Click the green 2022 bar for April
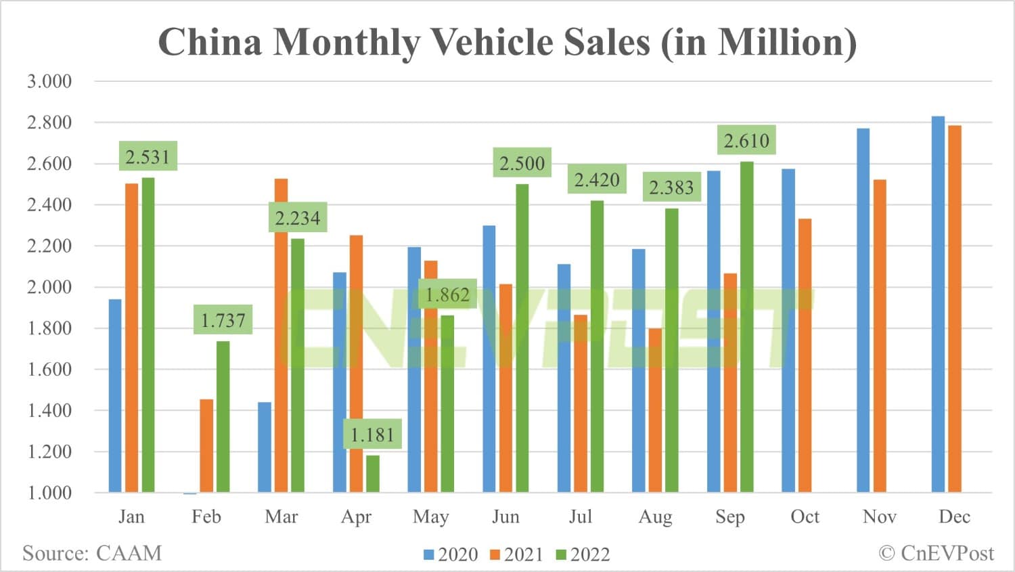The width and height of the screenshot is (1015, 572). [x=373, y=474]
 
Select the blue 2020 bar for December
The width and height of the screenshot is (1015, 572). [x=938, y=305]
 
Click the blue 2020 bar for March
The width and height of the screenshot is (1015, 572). [x=265, y=447]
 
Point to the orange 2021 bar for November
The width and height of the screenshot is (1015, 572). [x=880, y=336]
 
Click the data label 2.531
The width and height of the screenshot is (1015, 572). [x=148, y=157]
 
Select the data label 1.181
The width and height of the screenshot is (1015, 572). [x=373, y=435]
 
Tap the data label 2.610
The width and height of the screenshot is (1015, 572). [x=746, y=141]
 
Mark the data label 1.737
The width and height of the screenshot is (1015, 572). [x=223, y=320]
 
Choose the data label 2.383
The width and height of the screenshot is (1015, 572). [x=671, y=188]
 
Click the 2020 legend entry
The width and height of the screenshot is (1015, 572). [x=451, y=554]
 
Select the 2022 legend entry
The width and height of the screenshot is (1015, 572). [x=583, y=554]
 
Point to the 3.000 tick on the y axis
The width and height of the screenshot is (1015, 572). [x=49, y=81]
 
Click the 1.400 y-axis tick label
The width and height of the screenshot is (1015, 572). [x=49, y=410]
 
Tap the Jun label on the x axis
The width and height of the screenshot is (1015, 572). [x=505, y=516]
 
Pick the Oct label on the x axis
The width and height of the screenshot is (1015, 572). [x=805, y=516]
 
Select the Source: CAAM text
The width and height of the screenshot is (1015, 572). [x=92, y=553]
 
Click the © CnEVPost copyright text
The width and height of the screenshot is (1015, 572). [x=937, y=553]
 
